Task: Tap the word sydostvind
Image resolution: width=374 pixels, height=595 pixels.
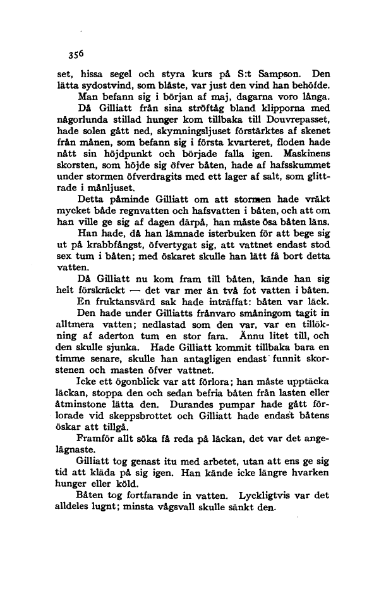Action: click(x=101, y=85)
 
